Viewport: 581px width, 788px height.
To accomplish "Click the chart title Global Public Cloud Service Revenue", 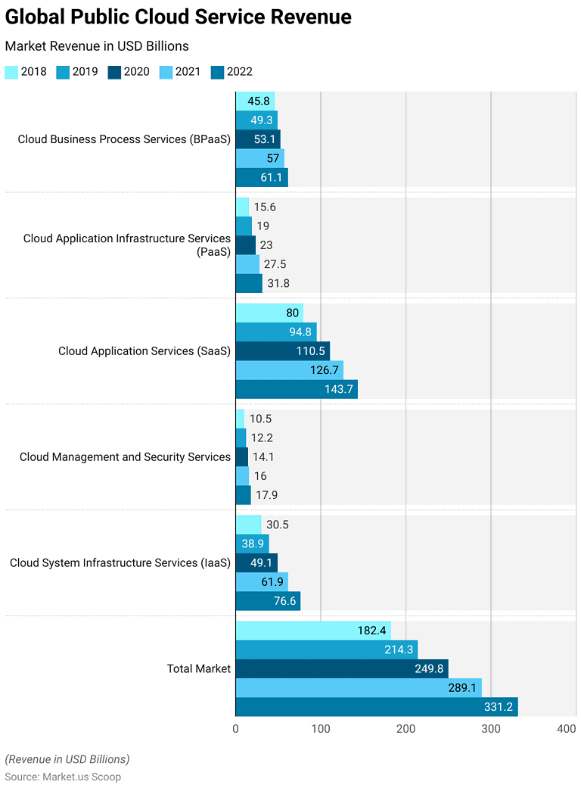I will click(179, 17).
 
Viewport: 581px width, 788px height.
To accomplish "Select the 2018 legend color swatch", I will click(11, 72).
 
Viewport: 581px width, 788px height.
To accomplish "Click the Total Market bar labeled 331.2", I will click(376, 707).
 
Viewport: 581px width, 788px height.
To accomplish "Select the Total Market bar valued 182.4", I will click(312, 631).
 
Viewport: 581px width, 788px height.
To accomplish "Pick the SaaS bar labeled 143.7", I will click(296, 389).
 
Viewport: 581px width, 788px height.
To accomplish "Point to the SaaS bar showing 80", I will click(269, 313).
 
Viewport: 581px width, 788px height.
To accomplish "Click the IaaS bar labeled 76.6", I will click(268, 601).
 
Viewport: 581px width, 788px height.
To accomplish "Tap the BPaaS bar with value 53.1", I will click(257, 139).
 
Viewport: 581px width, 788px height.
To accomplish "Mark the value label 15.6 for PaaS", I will click(265, 207).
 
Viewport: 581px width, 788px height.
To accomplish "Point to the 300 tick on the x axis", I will click(491, 728).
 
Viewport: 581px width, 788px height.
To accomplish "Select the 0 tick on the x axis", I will click(235, 728).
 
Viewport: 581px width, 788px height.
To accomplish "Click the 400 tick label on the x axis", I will click(566, 728).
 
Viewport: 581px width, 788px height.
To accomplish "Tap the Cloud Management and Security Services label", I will click(125, 457).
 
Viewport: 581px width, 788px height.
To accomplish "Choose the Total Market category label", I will click(199, 668).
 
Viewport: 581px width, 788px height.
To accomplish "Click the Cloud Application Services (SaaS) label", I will click(144, 351).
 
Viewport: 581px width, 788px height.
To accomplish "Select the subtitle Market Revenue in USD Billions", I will click(97, 46).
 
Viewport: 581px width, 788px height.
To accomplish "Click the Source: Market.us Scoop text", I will click(63, 777).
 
